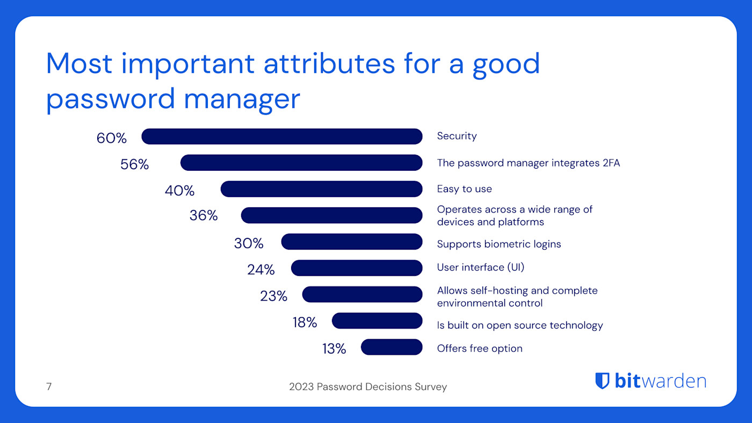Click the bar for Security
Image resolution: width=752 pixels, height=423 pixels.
pyautogui.click(x=282, y=136)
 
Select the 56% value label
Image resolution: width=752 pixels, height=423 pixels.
pyautogui.click(x=134, y=164)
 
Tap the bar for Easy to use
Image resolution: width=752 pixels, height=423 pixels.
pyautogui.click(x=321, y=189)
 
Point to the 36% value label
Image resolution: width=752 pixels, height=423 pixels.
pyautogui.click(x=204, y=215)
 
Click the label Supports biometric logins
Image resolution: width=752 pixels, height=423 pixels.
pyautogui.click(x=498, y=244)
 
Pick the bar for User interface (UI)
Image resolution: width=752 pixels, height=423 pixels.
pyautogui.click(x=357, y=268)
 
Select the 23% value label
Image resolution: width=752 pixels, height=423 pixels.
pyautogui.click(x=273, y=296)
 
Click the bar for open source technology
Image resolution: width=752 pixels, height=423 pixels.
pyautogui.click(x=377, y=321)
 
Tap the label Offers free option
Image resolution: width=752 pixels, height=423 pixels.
pyautogui.click(x=479, y=348)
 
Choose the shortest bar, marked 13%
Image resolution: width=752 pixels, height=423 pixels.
pyautogui.click(x=392, y=347)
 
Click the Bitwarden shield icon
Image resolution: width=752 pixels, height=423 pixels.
pyautogui.click(x=602, y=381)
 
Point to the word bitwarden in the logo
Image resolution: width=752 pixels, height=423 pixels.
pyautogui.click(x=660, y=381)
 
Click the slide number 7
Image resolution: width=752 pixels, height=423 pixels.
pyautogui.click(x=49, y=386)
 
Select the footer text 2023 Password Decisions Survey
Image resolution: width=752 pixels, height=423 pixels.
pyautogui.click(x=367, y=386)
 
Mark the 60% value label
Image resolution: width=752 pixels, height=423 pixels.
pyautogui.click(x=112, y=138)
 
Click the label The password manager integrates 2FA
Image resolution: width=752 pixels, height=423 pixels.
pyautogui.click(x=528, y=163)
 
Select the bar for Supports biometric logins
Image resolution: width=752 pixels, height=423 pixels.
pyautogui.click(x=352, y=242)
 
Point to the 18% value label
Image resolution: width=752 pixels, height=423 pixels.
pyautogui.click(x=305, y=322)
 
